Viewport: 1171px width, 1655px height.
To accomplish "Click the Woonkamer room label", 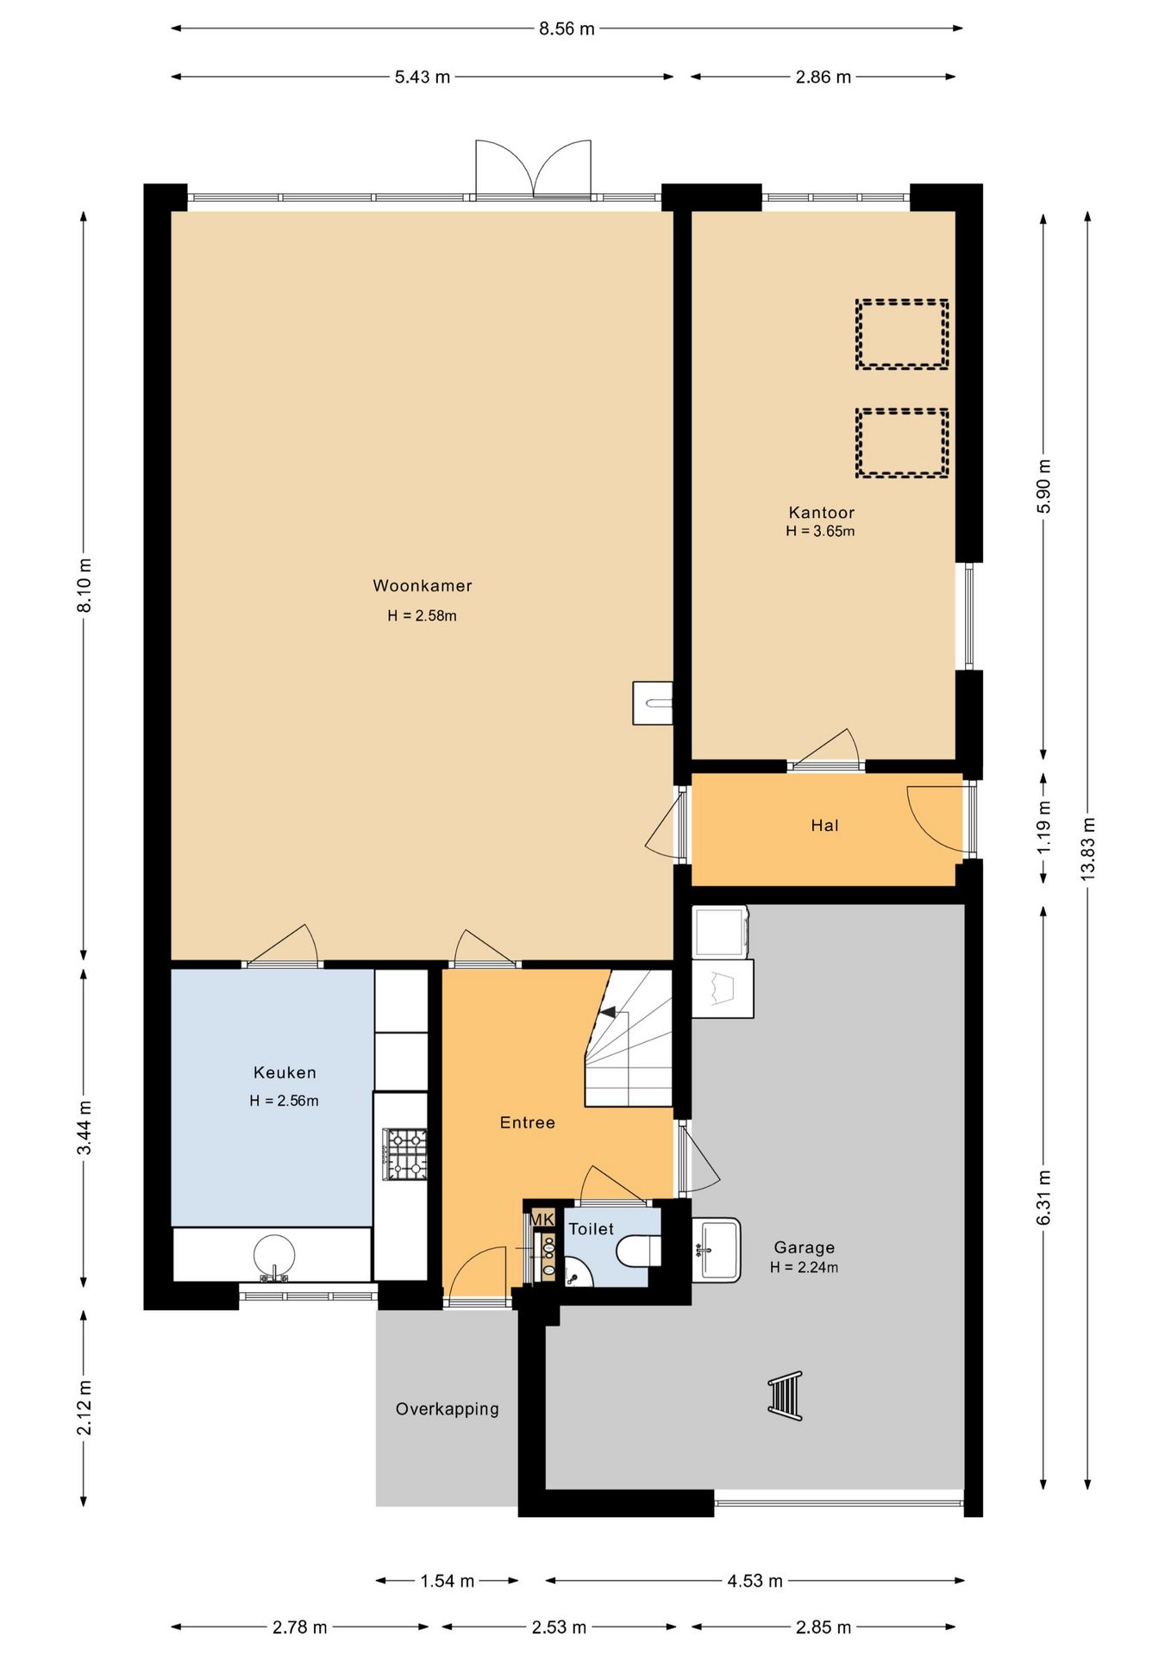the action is tap(423, 586).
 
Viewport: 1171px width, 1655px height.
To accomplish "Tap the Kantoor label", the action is tap(821, 513).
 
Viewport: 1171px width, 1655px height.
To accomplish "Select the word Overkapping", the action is tap(448, 1408).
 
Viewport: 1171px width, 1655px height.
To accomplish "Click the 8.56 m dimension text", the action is tap(567, 29).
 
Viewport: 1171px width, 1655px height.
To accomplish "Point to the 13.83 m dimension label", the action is tap(1088, 848).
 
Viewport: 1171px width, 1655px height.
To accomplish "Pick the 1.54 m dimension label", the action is tap(448, 1581).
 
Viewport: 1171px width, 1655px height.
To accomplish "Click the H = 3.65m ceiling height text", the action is tap(820, 532).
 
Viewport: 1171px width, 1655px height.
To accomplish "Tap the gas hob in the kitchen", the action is tap(405, 1154).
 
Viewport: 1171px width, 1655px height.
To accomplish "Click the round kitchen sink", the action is tap(274, 1257).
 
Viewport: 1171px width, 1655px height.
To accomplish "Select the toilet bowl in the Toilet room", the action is tap(638, 1250).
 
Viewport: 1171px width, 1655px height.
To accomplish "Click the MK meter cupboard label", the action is tap(542, 1220).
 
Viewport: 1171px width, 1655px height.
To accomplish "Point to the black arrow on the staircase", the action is tap(609, 1012).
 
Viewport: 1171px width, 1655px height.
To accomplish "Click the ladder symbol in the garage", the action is tap(786, 1396).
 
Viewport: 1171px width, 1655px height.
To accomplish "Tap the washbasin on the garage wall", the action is tap(716, 1249).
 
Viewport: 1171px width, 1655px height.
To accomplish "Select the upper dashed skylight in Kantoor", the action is tap(902, 334).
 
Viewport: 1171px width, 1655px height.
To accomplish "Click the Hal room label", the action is tap(824, 826).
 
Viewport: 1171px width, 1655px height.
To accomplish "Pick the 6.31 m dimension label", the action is tap(1044, 1197).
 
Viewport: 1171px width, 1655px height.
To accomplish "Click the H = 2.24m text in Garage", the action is tap(804, 1267).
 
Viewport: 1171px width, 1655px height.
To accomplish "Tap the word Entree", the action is tap(528, 1122).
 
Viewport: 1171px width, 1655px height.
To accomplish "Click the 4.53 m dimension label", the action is tap(755, 1581).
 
